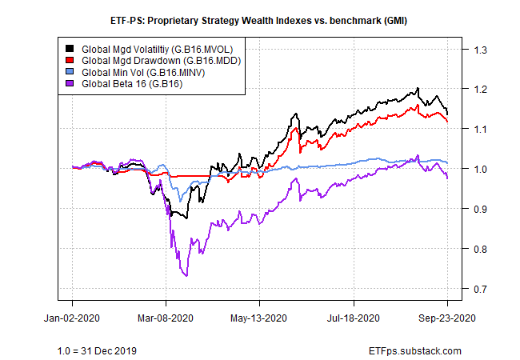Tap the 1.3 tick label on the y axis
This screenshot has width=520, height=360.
pos(481,50)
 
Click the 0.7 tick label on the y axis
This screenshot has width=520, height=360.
pos(481,289)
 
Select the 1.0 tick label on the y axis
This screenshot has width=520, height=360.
pos(481,169)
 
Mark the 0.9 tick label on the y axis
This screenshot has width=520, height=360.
pos(481,209)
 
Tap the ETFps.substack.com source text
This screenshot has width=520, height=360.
pos(417,350)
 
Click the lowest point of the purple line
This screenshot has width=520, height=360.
pos(186,276)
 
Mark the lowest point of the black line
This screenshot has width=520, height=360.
pos(186,218)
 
